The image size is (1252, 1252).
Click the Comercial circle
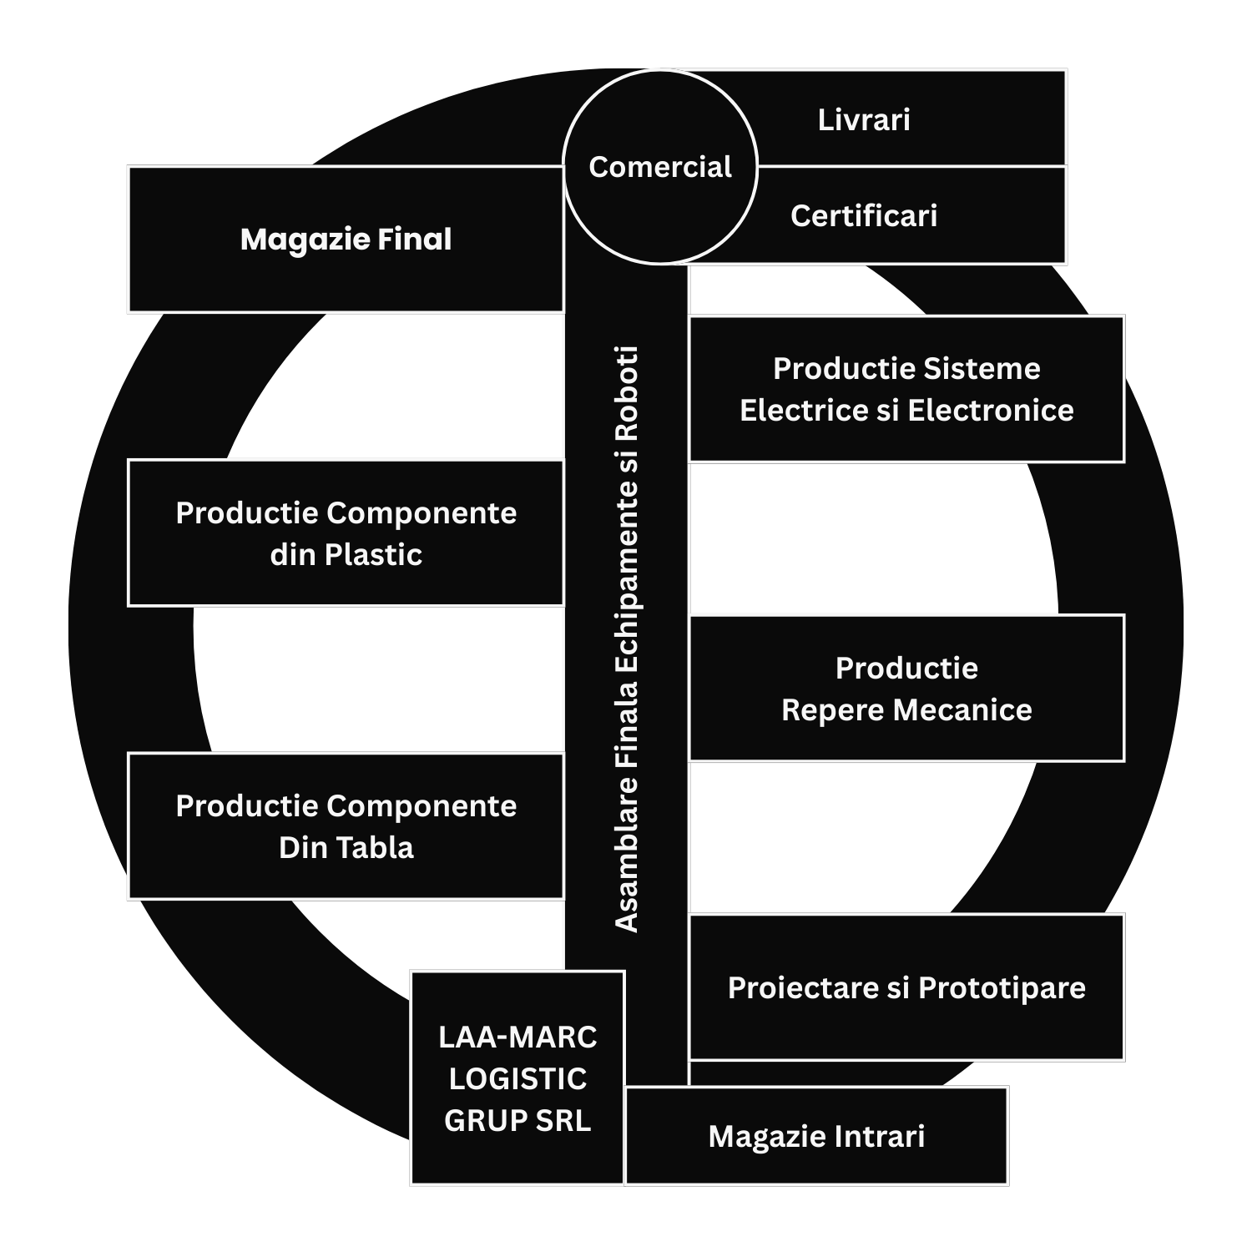tap(659, 167)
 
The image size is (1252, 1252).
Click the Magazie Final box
tap(346, 240)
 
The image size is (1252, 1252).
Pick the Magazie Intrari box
tap(816, 1136)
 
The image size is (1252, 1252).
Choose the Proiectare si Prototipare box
tap(906, 987)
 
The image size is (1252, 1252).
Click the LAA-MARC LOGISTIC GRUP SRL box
tap(517, 1078)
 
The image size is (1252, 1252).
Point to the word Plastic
tap(373, 555)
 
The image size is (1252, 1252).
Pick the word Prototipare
tap(1002, 988)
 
